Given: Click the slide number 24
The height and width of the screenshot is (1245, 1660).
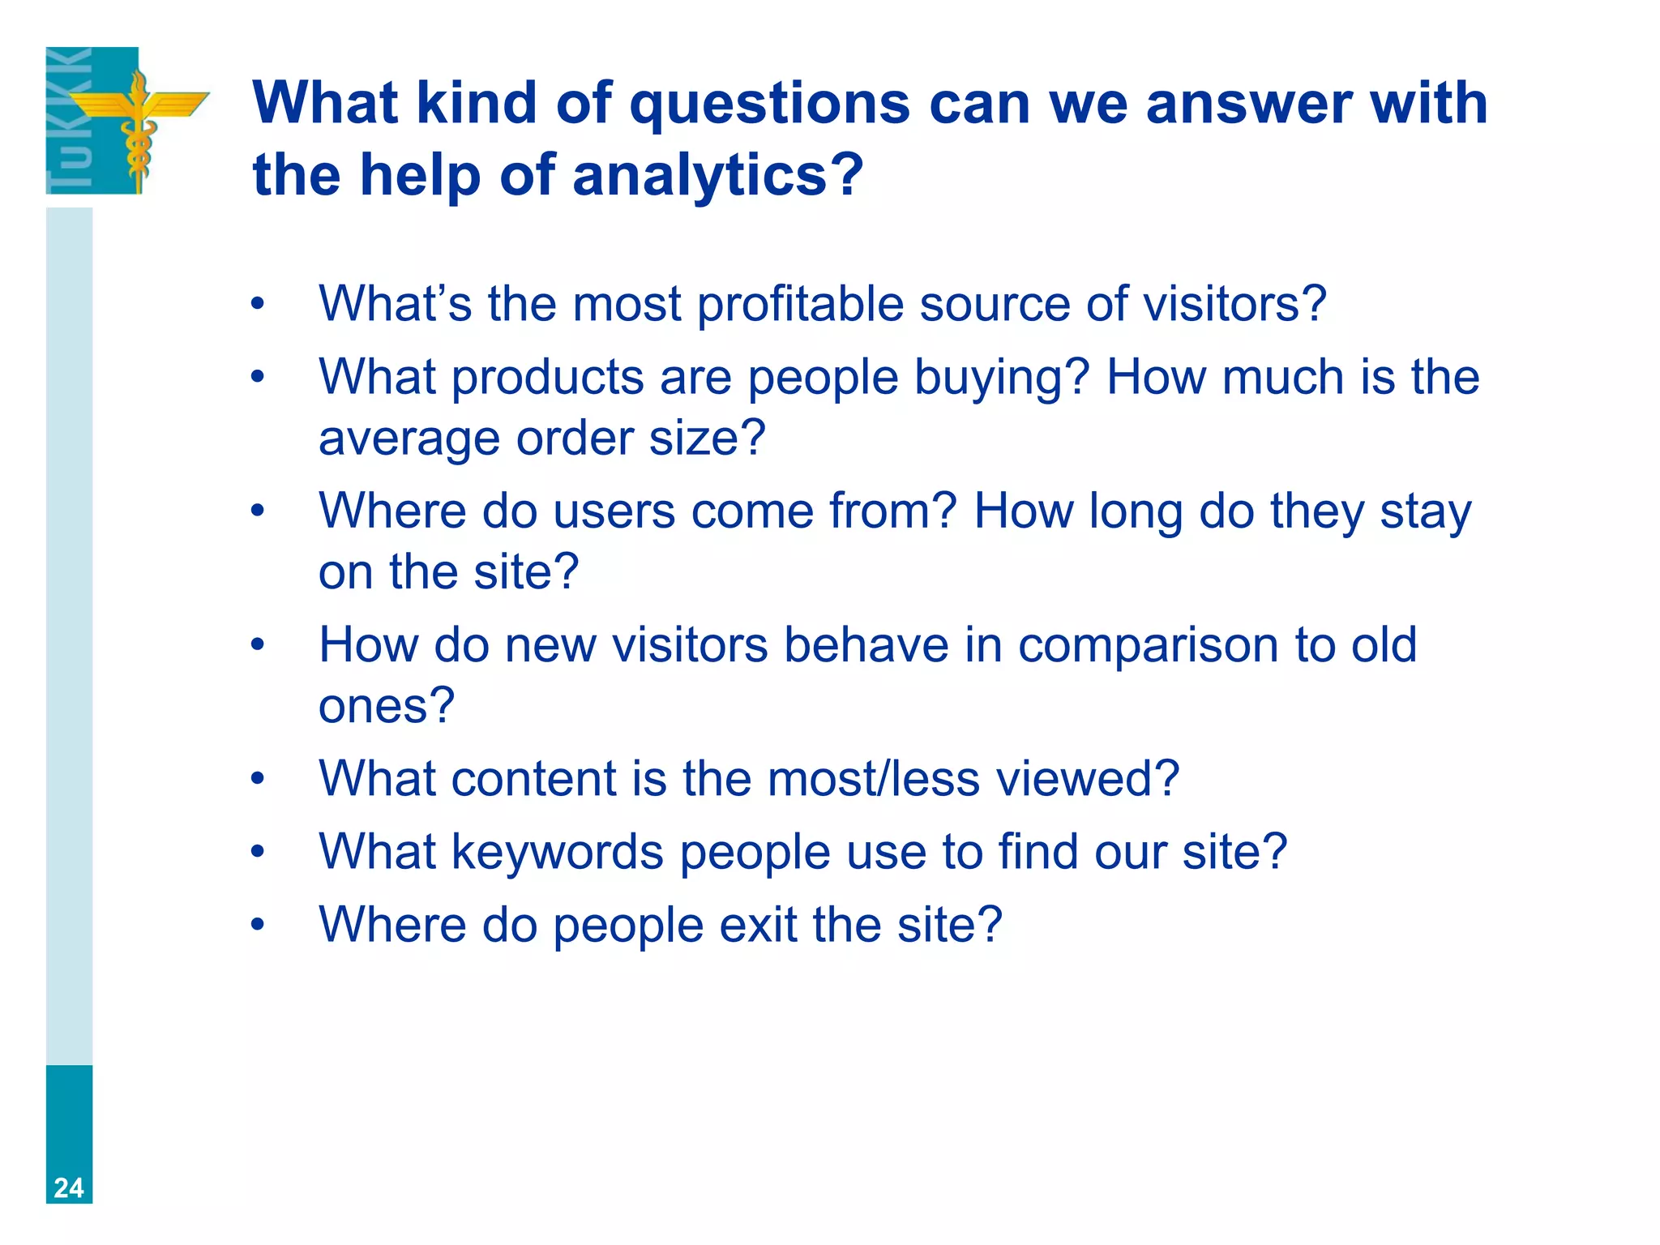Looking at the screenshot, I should [69, 1187].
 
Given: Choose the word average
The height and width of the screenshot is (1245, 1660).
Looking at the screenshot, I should [409, 439].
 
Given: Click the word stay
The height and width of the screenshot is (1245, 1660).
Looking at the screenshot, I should [1426, 513].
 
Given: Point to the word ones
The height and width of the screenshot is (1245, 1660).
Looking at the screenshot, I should [386, 706].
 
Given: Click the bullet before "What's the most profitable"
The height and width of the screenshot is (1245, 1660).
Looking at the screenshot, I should [258, 305].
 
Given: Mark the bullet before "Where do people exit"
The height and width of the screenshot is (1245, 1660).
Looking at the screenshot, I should [258, 925].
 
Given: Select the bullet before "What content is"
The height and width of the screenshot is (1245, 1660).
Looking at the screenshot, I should [258, 779].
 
